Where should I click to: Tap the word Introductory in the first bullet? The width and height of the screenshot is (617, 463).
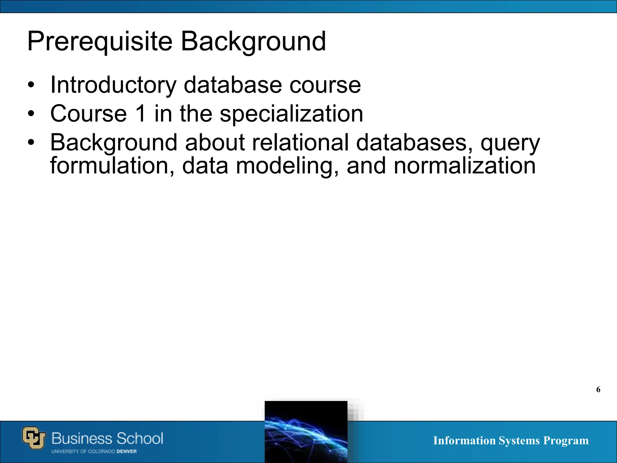click(x=113, y=85)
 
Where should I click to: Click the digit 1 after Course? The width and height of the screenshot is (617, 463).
click(x=141, y=114)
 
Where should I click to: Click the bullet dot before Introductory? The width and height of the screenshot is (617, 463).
click(x=31, y=85)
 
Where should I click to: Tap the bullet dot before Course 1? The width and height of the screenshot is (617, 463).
click(x=31, y=114)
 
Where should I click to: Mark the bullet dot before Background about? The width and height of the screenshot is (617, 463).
click(x=31, y=142)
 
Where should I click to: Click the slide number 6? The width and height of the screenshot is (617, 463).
click(x=598, y=389)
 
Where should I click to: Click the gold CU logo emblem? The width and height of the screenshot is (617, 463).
click(x=34, y=438)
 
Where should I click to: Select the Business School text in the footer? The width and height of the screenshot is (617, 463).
click(x=107, y=438)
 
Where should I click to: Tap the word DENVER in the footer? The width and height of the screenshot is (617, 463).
click(x=127, y=452)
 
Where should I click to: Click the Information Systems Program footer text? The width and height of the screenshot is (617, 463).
click(x=511, y=440)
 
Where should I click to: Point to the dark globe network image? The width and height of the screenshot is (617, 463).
click(x=306, y=432)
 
